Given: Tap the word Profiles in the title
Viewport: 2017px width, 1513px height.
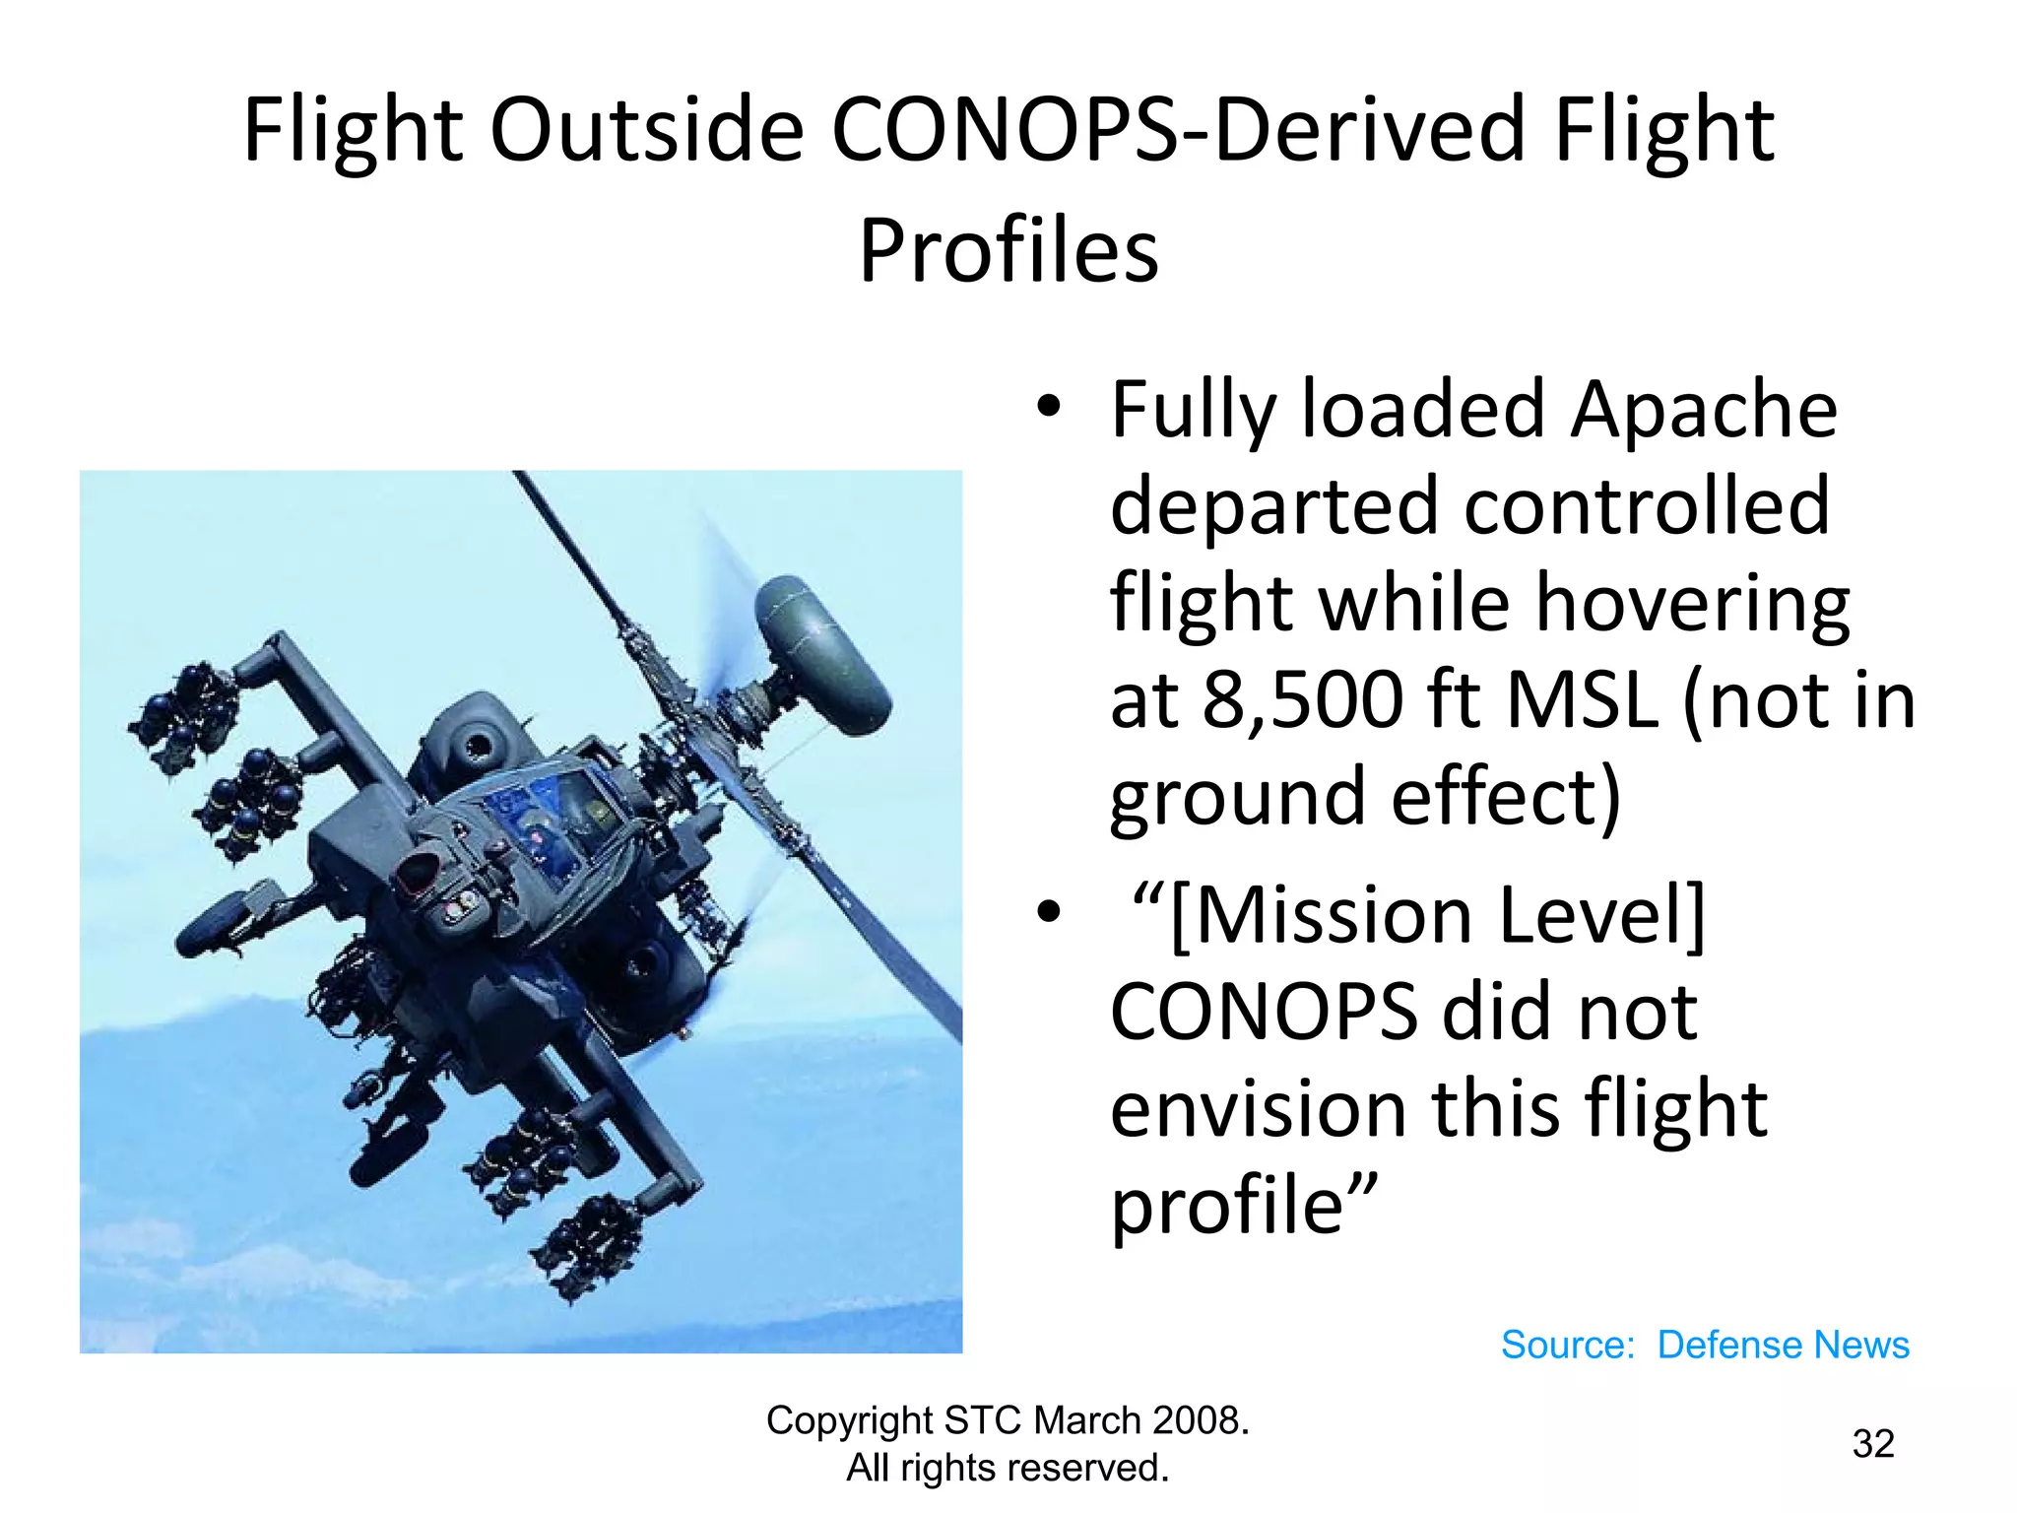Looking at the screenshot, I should point(1008,251).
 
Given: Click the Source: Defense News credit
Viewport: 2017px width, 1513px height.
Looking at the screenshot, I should point(1704,1345).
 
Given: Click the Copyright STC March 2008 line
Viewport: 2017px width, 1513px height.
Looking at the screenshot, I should point(1008,1420).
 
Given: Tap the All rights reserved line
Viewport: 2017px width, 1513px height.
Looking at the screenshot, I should point(1008,1468).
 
